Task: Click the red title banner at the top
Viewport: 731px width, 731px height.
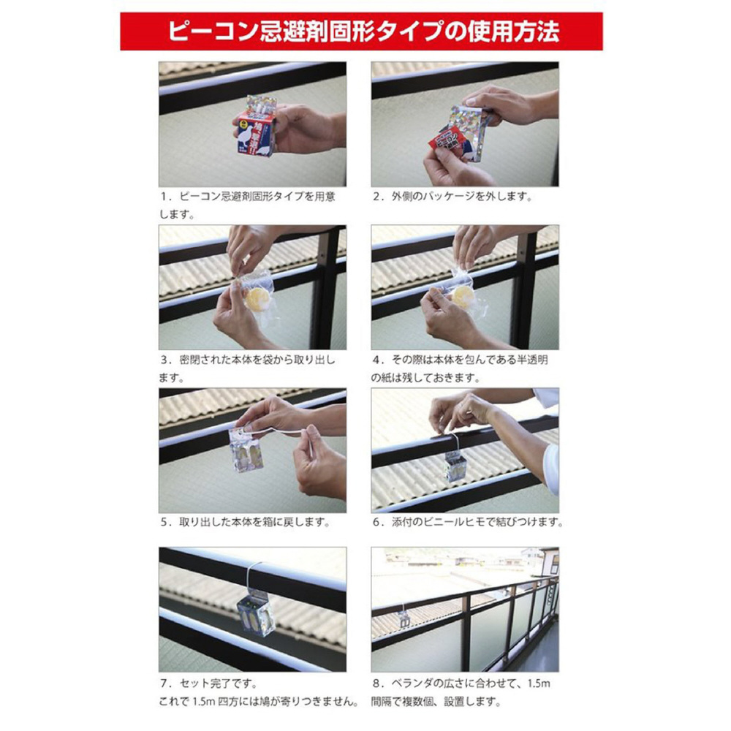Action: click(361, 31)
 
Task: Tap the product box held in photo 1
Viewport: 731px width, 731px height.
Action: click(254, 126)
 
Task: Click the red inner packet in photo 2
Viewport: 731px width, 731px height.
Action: click(447, 142)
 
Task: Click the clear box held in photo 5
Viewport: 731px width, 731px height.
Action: click(246, 450)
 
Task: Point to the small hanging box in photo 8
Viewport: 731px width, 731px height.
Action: click(404, 618)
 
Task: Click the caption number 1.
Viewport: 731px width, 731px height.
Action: click(163, 197)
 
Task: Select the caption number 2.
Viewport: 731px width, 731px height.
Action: click(376, 197)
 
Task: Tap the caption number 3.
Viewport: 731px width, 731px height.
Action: click(164, 360)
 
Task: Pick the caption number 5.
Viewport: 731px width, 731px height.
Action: click(164, 522)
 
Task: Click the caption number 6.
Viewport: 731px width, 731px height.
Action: click(376, 522)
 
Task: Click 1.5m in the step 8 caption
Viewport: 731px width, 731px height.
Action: click(539, 684)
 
